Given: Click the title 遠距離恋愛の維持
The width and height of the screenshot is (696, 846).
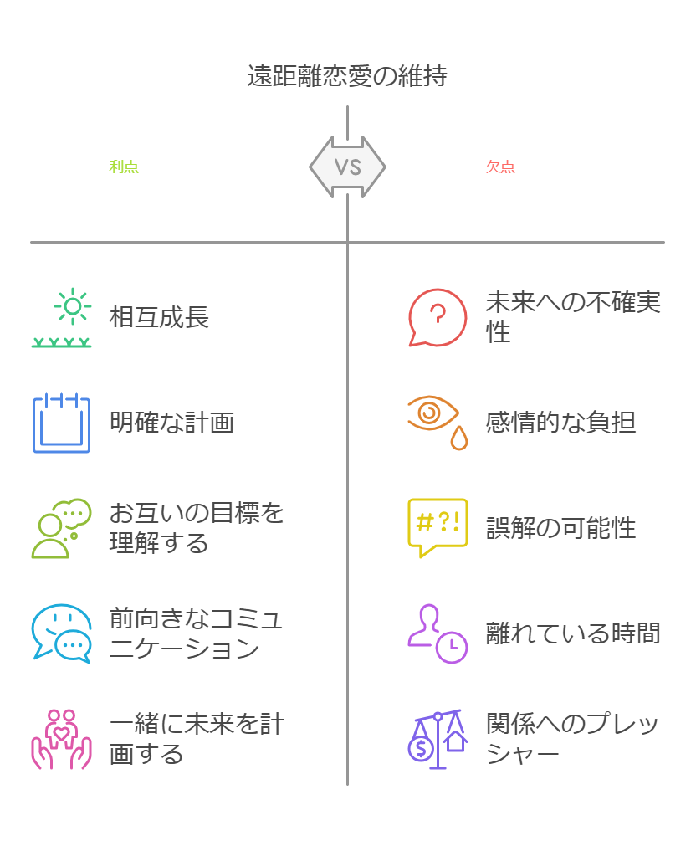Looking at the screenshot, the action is click(347, 76).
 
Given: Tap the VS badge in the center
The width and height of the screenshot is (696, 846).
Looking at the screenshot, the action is click(347, 167).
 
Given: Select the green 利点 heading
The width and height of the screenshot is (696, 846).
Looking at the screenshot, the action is click(124, 167).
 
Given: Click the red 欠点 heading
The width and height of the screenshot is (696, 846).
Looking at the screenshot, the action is click(500, 167).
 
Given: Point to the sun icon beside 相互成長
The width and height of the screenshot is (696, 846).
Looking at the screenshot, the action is click(73, 308).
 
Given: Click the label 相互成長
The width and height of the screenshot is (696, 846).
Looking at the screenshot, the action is click(159, 317).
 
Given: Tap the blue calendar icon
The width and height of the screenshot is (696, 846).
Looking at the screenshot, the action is click(61, 423).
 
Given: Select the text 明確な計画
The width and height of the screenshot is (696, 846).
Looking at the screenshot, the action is click(171, 423).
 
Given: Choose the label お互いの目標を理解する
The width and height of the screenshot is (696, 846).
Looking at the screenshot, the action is click(197, 528).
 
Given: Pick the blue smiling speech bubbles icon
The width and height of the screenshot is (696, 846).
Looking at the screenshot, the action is click(61, 633).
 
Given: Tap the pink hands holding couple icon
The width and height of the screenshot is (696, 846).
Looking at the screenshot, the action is click(61, 739).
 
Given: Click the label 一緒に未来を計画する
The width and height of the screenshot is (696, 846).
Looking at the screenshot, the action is click(197, 739).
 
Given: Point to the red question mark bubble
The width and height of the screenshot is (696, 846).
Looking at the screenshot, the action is click(437, 317).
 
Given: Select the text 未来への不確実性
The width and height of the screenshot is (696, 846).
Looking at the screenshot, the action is click(573, 317).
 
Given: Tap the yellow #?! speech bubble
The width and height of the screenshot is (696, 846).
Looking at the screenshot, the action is click(437, 527).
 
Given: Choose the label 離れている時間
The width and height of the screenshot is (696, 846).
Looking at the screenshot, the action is click(573, 633).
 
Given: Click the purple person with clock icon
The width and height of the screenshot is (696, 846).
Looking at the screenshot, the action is click(437, 633).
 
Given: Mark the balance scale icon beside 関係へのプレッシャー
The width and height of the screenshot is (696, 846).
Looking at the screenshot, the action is click(437, 739).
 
